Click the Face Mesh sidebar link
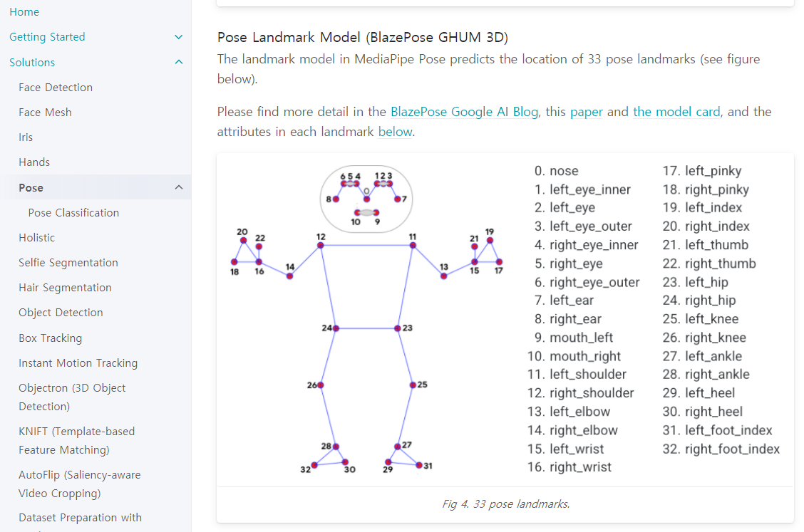coord(45,112)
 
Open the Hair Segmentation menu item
coord(65,287)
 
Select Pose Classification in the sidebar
coord(73,212)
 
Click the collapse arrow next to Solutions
coord(178,62)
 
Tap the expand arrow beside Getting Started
coord(178,37)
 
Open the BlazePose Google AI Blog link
coord(464,112)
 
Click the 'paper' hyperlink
coord(586,112)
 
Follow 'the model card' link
coord(676,112)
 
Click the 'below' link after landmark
coord(395,132)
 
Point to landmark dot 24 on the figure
coord(336,328)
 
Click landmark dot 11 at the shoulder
coord(413,245)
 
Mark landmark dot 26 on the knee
coord(321,385)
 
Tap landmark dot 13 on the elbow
coord(443,276)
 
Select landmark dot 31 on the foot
coord(419,465)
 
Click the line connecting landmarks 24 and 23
coord(367,328)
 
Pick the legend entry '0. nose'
coord(556,171)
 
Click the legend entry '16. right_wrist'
coord(569,467)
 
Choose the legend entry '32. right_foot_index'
coord(721,449)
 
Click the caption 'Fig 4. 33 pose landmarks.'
coord(505,504)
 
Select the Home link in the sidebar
coord(24,12)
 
